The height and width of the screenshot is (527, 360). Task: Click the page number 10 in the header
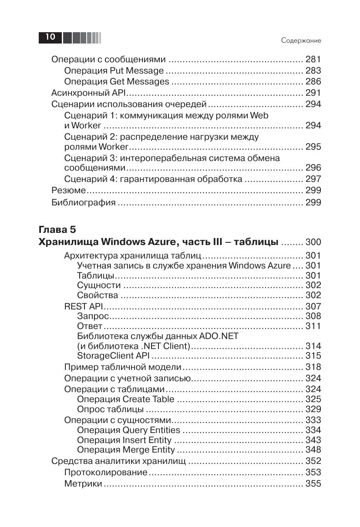click(x=50, y=37)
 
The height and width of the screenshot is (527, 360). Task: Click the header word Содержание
click(x=301, y=40)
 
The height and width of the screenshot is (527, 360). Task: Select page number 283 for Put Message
click(x=313, y=70)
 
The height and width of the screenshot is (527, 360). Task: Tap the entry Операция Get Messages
click(x=116, y=81)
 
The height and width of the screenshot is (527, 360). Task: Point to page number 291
click(x=313, y=93)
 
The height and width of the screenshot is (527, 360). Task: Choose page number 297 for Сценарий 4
click(x=313, y=179)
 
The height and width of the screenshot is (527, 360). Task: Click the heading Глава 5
click(x=57, y=229)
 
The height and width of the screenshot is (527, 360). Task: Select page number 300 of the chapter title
click(x=313, y=242)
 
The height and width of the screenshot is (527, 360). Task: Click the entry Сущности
click(x=99, y=285)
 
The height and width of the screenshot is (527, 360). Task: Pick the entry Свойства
click(x=98, y=295)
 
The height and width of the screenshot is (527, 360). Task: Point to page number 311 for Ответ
click(x=313, y=326)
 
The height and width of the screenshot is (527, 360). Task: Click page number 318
click(x=313, y=367)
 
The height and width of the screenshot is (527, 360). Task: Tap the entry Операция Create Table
click(x=125, y=399)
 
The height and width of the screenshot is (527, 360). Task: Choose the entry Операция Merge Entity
click(x=126, y=450)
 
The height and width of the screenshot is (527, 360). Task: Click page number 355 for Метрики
click(x=313, y=483)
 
